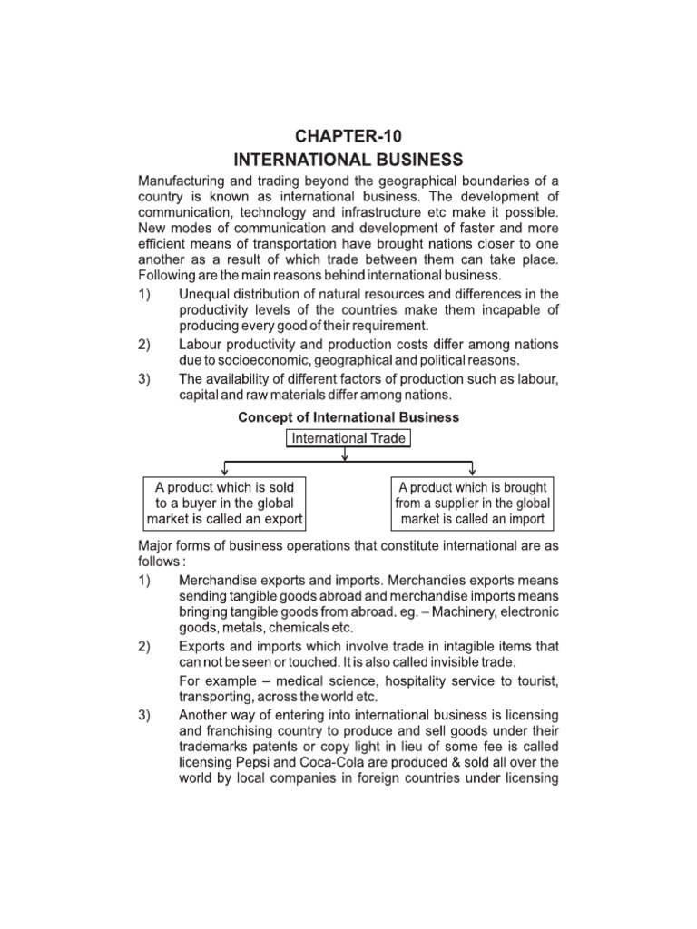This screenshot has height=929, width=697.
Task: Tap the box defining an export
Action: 224,504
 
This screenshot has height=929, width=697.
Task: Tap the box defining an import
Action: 472,504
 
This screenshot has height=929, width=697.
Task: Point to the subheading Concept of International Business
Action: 348,418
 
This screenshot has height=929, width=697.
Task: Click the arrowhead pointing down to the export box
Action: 223,471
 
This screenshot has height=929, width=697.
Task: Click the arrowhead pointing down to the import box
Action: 472,471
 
